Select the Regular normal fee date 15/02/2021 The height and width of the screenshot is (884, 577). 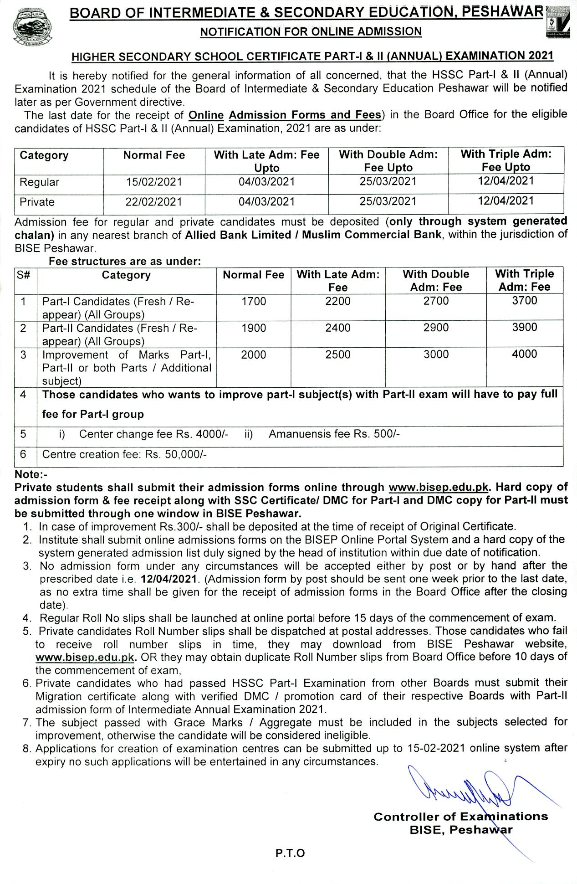point(154,182)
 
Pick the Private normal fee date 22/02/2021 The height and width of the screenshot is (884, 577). point(154,202)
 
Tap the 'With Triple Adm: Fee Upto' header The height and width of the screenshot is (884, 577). point(506,160)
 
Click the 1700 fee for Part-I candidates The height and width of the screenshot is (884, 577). point(254,301)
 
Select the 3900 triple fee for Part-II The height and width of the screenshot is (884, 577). point(525,328)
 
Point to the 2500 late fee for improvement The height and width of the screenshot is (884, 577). point(338,355)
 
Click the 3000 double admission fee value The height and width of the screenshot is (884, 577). point(436,355)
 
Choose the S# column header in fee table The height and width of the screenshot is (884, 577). point(24,275)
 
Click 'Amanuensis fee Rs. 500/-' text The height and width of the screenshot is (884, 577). point(334,434)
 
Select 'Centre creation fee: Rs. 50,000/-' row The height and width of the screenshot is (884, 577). point(124,454)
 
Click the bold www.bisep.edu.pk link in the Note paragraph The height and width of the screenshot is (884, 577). point(438,487)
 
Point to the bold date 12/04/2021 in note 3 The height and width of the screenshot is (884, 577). point(170,579)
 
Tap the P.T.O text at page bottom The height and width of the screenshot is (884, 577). point(290,853)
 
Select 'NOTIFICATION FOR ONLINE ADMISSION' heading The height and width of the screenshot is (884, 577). point(311,31)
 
